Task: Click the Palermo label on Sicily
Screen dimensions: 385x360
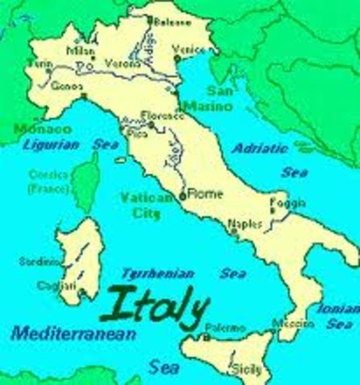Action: [224, 329]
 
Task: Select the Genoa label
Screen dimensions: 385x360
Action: [64, 84]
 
